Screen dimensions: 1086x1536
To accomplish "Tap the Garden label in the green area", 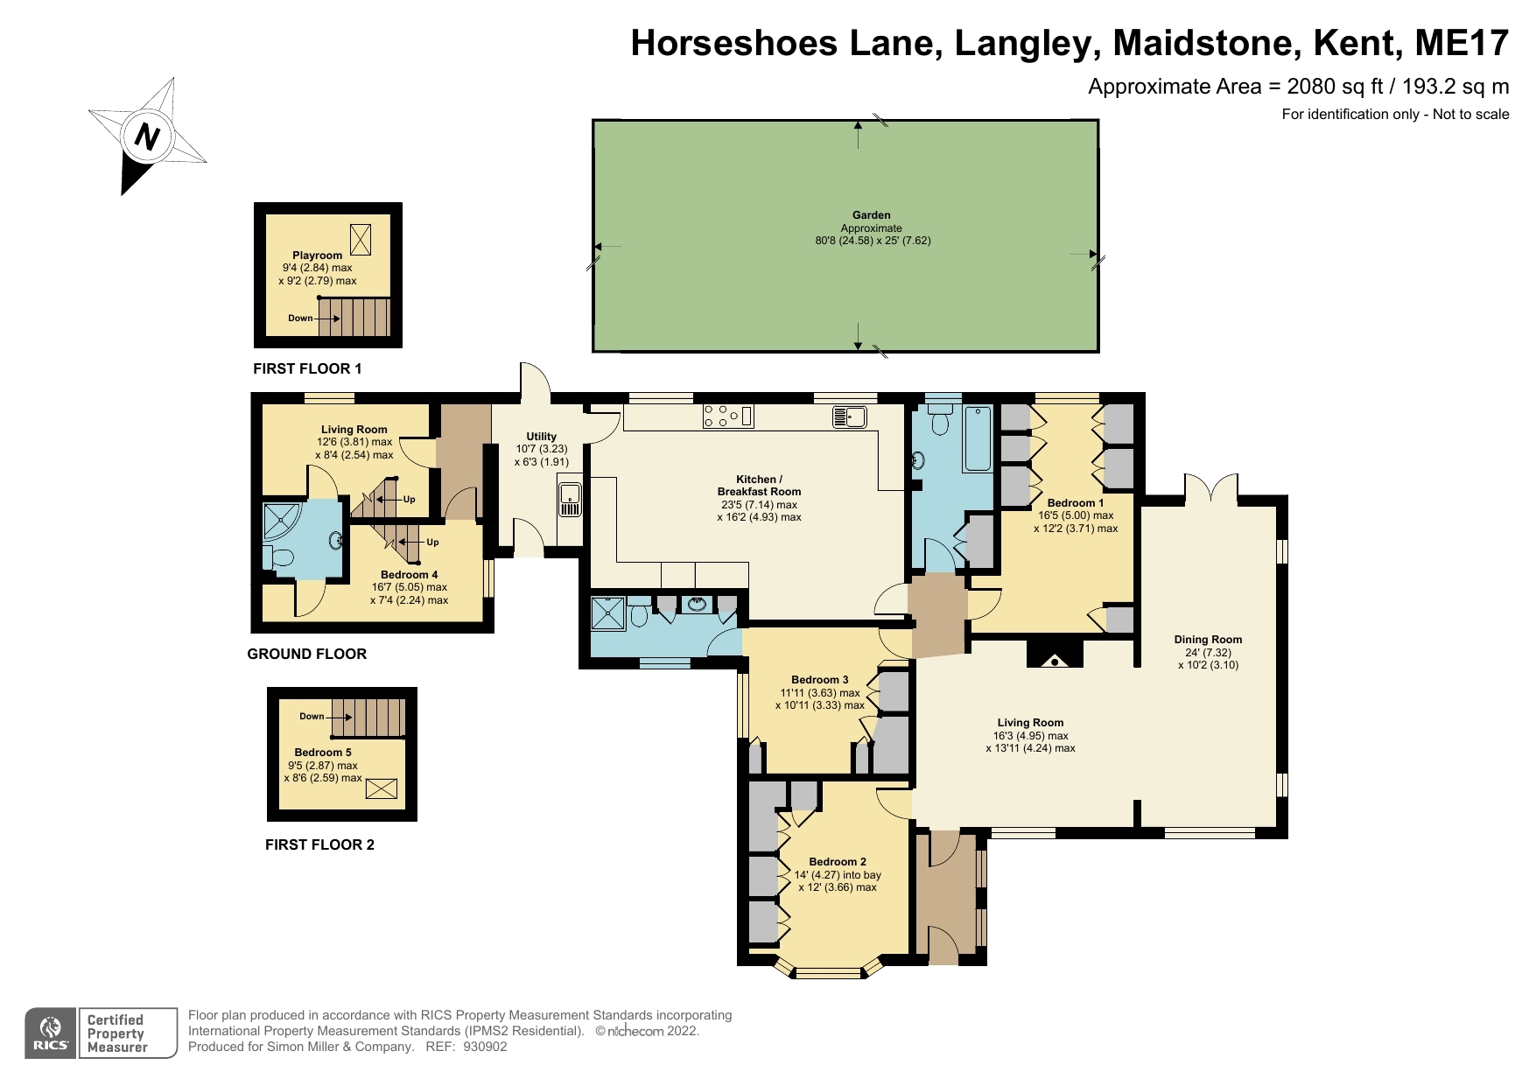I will click(x=871, y=215).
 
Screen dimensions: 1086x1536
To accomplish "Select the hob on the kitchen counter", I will click(x=727, y=417).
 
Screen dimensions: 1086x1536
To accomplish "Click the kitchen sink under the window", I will click(x=849, y=417).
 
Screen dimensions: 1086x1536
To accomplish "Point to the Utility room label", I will click(x=541, y=437).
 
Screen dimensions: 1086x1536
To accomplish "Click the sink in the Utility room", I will click(x=570, y=499).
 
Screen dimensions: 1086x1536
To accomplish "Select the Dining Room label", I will click(x=1208, y=640).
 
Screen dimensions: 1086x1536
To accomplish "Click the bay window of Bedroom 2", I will click(x=828, y=970).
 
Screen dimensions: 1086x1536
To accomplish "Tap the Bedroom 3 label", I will click(x=819, y=680).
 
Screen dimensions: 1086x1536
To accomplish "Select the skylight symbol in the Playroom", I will click(x=360, y=239).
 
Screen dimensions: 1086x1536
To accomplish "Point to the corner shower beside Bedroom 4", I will click(x=280, y=522).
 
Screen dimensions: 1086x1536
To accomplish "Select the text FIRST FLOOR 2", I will click(x=319, y=844).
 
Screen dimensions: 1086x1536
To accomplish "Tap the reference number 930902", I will click(x=485, y=1047).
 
